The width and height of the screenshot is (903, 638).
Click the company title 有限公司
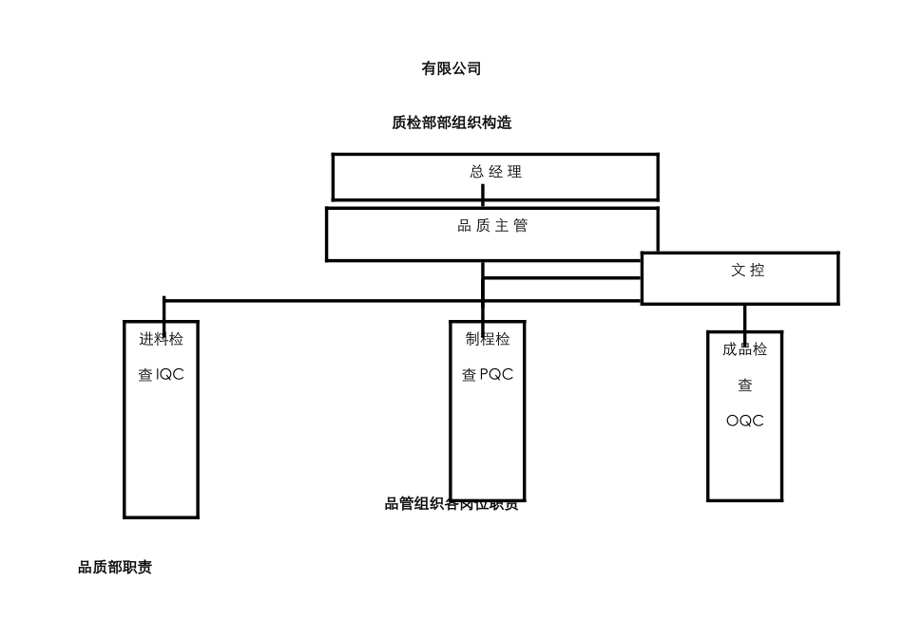pos(451,68)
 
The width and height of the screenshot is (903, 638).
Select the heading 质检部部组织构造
pos(451,122)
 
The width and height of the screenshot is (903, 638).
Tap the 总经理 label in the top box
pos(495,172)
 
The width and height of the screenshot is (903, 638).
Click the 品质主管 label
pos(492,226)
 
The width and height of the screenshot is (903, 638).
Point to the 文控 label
pos(747,271)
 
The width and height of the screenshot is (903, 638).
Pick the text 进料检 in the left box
pos(161,339)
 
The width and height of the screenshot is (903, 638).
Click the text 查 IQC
pos(161,375)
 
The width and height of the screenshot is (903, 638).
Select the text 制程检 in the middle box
pos(487,339)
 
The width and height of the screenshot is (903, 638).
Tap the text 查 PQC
pos(487,375)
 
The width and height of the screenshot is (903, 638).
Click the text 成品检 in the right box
pos(744,349)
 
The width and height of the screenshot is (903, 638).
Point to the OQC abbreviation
pos(744,422)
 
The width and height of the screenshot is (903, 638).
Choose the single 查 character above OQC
pos(745,385)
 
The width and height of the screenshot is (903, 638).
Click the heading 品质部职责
pos(115,567)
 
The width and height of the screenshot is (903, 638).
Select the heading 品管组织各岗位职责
pos(451,504)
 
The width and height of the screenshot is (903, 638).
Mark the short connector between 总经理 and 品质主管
pos(483,197)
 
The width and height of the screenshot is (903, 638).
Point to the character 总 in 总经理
pos(477,172)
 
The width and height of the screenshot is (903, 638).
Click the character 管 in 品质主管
pos(520,226)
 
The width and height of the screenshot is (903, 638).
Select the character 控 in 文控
pos(757,271)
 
